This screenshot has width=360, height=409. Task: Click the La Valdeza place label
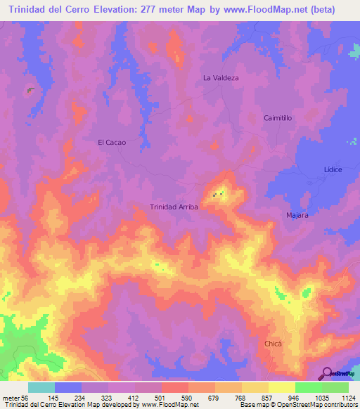[221, 78]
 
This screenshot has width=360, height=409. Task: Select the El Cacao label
[111, 142]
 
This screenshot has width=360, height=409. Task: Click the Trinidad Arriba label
[174, 207]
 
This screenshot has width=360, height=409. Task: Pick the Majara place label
[297, 215]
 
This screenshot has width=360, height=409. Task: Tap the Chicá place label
[273, 343]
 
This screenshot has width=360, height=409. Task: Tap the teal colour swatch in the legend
[41, 387]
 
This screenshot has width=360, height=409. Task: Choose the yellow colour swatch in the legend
[282, 387]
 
